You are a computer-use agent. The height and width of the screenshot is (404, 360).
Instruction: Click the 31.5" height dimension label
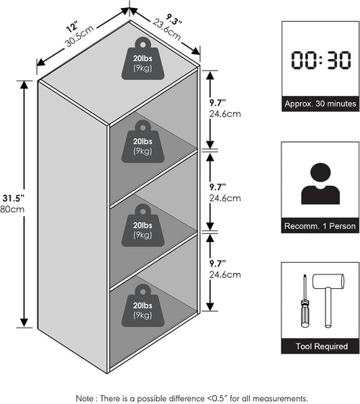pos(13,198)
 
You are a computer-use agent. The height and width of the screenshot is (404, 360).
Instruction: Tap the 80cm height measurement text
pos(12,209)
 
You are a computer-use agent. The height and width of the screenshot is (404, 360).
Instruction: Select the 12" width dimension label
pos(72,27)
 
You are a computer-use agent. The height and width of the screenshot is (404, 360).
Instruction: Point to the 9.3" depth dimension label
pos(174,19)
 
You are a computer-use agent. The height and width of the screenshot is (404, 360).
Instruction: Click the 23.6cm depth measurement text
pos(167,30)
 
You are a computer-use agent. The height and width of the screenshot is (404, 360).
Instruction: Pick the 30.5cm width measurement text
pos(80,36)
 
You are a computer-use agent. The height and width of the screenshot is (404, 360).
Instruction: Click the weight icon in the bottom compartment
pos(143,305)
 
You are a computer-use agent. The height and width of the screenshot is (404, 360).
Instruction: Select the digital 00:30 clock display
pos(321,60)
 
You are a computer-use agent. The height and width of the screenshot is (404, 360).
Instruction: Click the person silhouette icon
pos(320,184)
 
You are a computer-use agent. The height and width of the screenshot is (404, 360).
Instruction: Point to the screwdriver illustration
pos(305,301)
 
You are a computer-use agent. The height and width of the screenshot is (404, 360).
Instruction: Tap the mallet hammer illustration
pos(328,300)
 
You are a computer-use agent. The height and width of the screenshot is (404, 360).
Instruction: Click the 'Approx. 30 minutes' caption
pos(320,104)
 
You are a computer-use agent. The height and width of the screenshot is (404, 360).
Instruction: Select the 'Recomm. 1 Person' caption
pos(320,226)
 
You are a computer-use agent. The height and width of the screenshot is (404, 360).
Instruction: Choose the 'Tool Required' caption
pos(322,346)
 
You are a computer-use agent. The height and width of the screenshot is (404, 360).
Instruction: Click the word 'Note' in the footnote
pos(85,398)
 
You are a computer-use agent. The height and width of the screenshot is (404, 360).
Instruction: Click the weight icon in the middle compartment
pos(143,225)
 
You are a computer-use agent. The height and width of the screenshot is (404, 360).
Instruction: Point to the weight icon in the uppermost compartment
pos(143,141)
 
